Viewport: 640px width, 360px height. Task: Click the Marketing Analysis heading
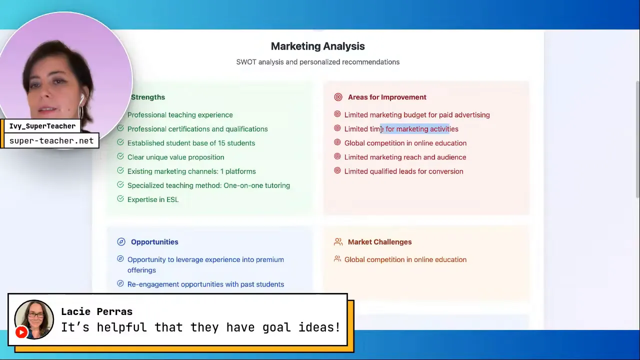click(317, 46)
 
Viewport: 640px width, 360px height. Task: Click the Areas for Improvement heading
click(387, 97)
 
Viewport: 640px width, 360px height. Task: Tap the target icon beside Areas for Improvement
click(338, 97)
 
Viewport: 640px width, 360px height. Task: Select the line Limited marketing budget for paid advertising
click(417, 115)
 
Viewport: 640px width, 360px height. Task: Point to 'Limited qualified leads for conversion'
click(403, 171)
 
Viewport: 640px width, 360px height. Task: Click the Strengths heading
click(148, 97)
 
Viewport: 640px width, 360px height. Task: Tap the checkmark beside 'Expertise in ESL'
click(120, 198)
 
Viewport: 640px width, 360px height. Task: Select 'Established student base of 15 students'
click(191, 143)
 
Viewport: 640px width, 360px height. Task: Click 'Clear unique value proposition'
click(175, 157)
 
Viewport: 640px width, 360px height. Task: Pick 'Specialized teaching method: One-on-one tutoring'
click(208, 185)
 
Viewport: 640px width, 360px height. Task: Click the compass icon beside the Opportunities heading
click(121, 241)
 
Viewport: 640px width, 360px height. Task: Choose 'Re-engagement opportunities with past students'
click(205, 284)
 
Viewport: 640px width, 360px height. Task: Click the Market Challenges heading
click(379, 242)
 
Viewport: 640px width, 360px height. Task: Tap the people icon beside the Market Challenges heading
click(338, 242)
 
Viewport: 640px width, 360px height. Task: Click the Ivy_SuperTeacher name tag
click(42, 126)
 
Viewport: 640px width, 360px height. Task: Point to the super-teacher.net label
click(51, 140)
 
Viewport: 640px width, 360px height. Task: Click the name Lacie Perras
click(97, 311)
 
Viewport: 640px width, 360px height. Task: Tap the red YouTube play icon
click(21, 332)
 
